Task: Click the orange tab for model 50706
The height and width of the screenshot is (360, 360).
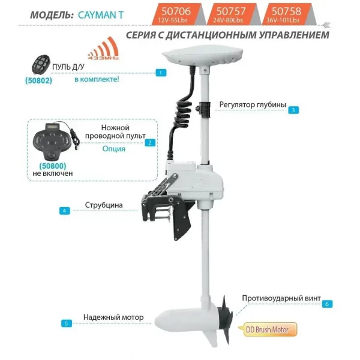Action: [176, 14]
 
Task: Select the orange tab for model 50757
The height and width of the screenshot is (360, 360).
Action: [231, 14]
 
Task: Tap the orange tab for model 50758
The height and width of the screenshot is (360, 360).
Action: [286, 14]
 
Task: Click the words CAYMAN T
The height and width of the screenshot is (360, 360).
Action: [101, 15]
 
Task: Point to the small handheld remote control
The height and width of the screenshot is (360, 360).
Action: [41, 65]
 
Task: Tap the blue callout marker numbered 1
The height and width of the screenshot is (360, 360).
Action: [160, 73]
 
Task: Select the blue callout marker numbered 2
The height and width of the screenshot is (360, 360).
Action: [150, 143]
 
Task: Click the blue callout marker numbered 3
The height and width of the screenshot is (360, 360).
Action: [293, 110]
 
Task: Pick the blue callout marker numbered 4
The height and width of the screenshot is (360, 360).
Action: [65, 211]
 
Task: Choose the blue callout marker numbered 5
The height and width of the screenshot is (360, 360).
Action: [67, 323]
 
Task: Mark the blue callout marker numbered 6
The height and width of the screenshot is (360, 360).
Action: [327, 304]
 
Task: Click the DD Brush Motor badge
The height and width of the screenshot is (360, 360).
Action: [268, 329]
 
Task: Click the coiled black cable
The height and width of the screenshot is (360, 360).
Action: [182, 113]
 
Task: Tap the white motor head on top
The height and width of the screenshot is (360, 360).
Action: [203, 56]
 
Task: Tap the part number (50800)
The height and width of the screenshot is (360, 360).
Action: [53, 166]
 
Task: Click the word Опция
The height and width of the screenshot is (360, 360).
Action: [113, 149]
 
